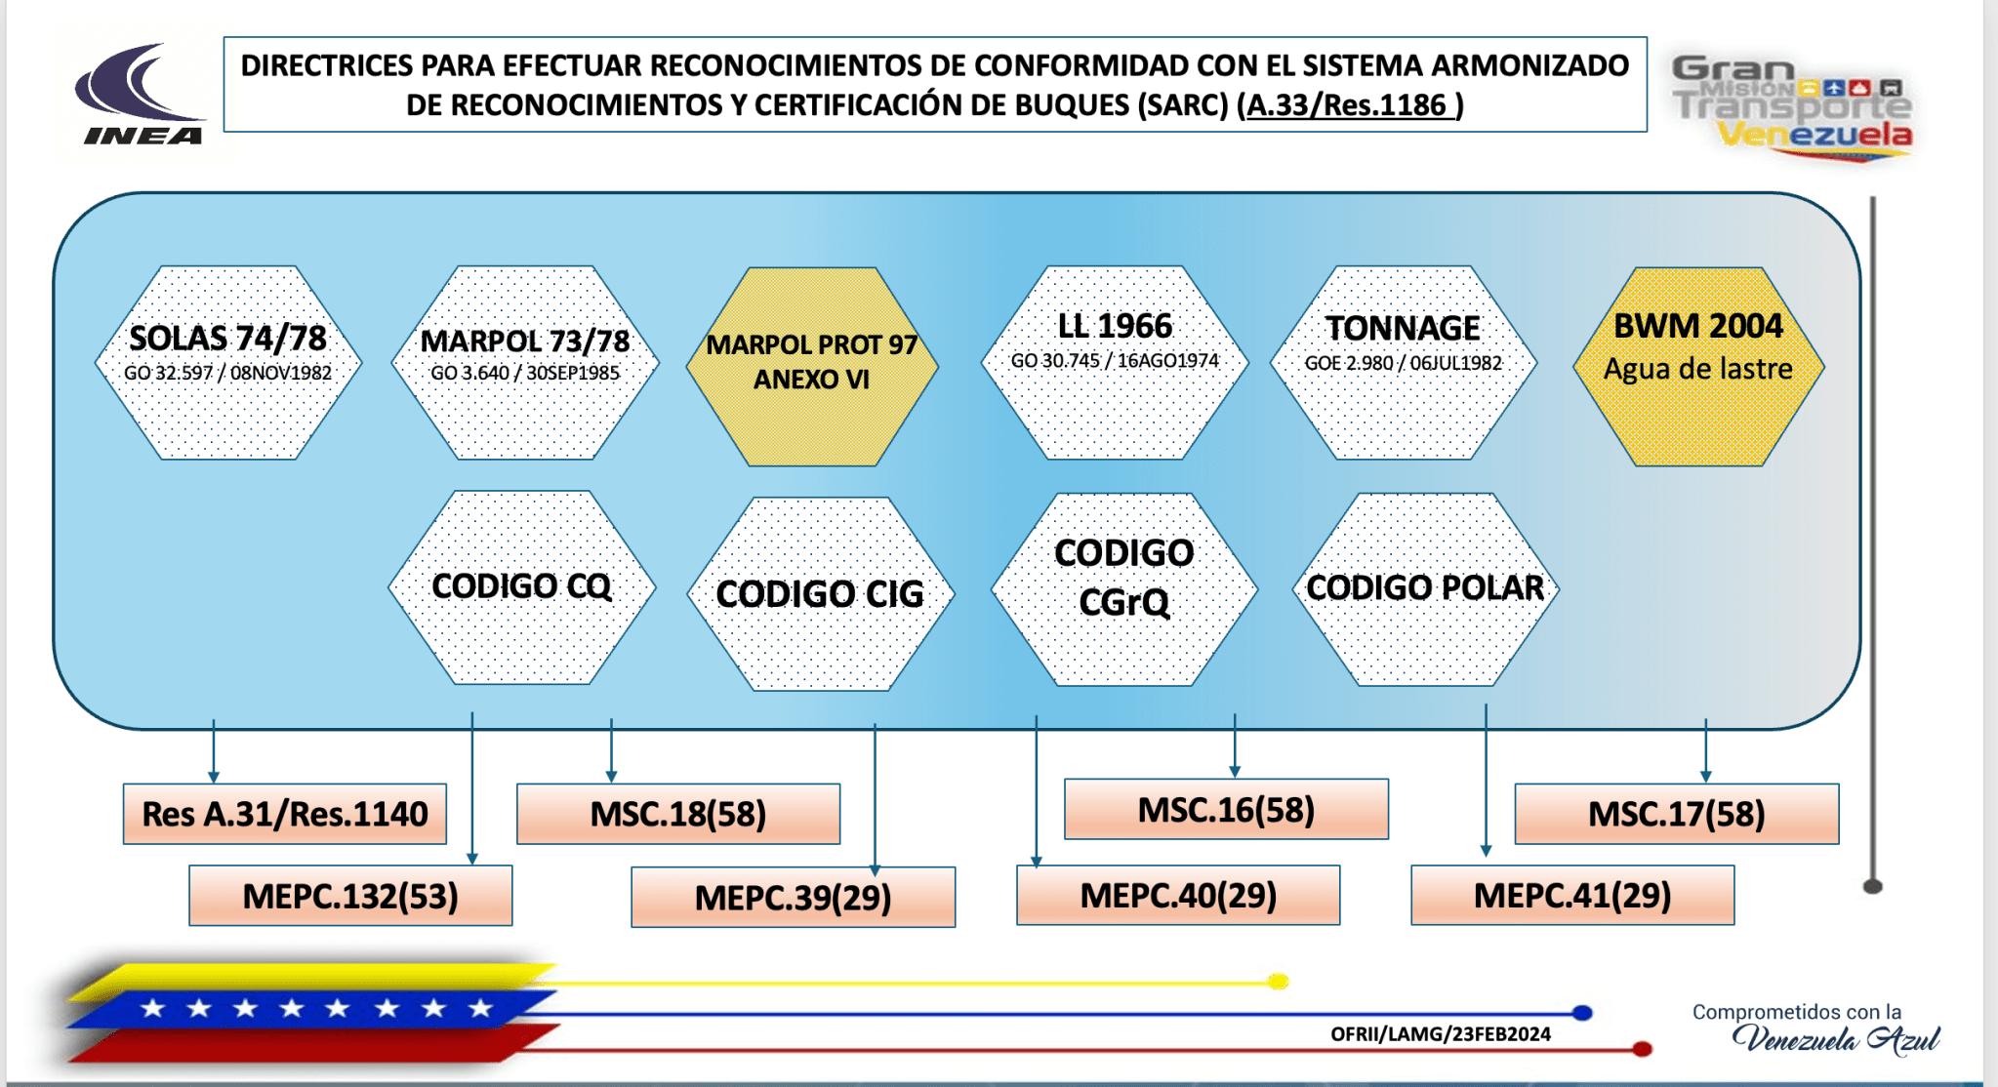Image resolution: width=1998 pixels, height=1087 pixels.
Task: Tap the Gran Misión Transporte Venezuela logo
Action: coord(1792,107)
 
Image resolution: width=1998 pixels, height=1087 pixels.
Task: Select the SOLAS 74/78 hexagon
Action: coord(228,363)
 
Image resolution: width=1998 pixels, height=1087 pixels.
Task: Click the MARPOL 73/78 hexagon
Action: coord(525,363)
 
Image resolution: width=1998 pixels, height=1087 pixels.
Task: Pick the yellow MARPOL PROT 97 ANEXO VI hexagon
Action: coord(812,366)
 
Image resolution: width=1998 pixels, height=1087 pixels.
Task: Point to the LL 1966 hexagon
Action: coord(1115,363)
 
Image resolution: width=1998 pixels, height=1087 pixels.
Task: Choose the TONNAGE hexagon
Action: coord(1404,363)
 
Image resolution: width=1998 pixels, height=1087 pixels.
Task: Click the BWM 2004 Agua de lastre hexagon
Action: coord(1698,366)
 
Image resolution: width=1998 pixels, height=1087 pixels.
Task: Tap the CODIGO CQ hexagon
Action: coord(522,587)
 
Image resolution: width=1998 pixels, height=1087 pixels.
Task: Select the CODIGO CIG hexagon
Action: coord(820,593)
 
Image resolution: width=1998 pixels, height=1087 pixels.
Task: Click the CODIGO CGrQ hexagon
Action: coord(1124,588)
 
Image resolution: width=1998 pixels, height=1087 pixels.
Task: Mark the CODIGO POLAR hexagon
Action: coord(1425,588)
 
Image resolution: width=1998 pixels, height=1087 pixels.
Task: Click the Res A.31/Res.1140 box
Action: coord(285,814)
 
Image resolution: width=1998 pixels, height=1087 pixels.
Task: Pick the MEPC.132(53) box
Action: coord(350,896)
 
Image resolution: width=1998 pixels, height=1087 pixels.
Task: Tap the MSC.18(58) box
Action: coord(678,814)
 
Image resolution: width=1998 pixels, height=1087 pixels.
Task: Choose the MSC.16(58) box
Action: coord(1226,810)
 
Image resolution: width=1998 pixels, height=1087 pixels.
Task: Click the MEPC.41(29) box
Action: coord(1572,895)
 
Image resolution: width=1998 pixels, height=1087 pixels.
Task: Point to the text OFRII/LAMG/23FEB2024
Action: coord(1440,1034)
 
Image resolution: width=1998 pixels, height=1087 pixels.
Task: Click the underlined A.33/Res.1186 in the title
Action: coord(1348,105)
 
